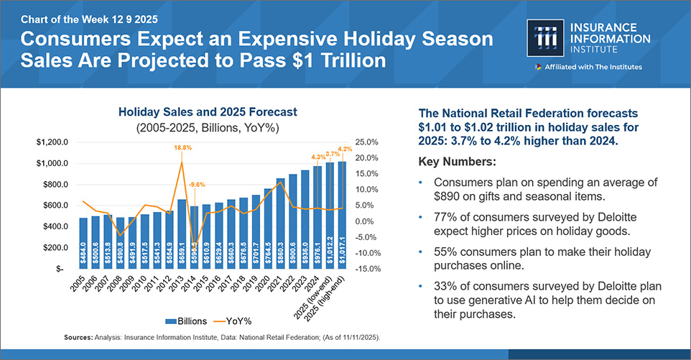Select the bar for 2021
(280, 223)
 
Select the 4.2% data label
(345, 149)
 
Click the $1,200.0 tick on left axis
(52, 142)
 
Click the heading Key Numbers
(460, 160)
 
